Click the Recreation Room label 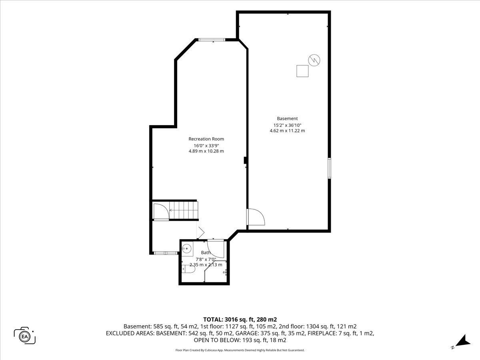pyautogui.click(x=206, y=139)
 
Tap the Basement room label pyautogui.click(x=287, y=118)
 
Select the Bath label pyautogui.click(x=206, y=252)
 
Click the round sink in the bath pyautogui.click(x=186, y=248)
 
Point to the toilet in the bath pyautogui.click(x=188, y=269)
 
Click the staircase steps pyautogui.click(x=184, y=210)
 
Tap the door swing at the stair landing pyautogui.click(x=161, y=211)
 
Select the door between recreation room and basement pyautogui.click(x=256, y=217)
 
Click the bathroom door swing pyautogui.click(x=216, y=249)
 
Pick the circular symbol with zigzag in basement pyautogui.click(x=314, y=60)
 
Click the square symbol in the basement pyautogui.click(x=302, y=71)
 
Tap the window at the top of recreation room pyautogui.click(x=212, y=40)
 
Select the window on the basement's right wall pyautogui.click(x=329, y=168)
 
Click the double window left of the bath pyautogui.click(x=166, y=253)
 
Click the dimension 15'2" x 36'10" pyautogui.click(x=287, y=125)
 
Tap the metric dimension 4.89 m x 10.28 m pyautogui.click(x=206, y=151)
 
